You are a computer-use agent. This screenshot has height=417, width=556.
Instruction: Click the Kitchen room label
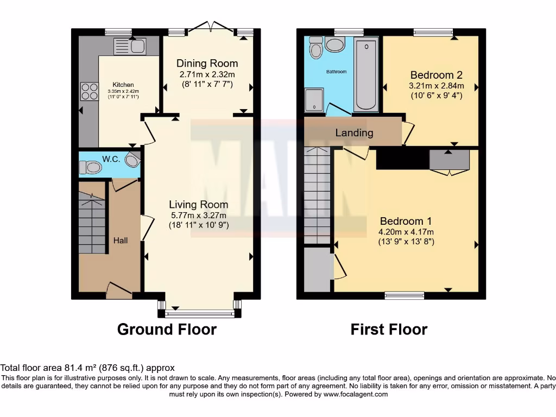click(x=123, y=85)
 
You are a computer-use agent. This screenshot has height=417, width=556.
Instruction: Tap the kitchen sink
click(x=129, y=47)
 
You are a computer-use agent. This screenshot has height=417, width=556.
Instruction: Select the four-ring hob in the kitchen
click(x=89, y=91)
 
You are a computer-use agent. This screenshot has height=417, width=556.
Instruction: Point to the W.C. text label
click(x=111, y=159)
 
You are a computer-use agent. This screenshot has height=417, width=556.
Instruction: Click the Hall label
click(x=121, y=240)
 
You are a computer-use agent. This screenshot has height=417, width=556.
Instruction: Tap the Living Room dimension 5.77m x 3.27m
click(x=198, y=215)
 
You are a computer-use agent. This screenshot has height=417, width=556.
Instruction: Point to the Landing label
click(x=354, y=132)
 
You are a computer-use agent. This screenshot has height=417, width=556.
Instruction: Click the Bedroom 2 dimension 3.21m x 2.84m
click(x=437, y=85)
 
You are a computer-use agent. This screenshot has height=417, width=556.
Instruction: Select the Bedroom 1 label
click(x=406, y=221)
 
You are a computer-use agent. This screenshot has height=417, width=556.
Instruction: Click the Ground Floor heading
click(x=167, y=329)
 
